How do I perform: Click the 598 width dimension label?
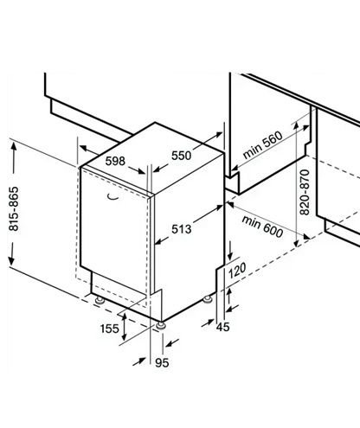tap(115, 161)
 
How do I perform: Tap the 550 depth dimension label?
tap(182, 156)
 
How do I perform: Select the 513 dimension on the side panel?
tap(182, 229)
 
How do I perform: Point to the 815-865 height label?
tap(14, 209)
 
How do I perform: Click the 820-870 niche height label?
tap(305, 193)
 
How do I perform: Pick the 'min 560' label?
tap(262, 145)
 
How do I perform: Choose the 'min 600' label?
tap(262, 227)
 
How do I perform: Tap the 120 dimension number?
tap(237, 271)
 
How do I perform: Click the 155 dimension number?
tap(110, 329)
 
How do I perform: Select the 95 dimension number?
tap(162, 363)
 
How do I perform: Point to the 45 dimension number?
tap(223, 327)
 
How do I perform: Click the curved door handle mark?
tap(113, 197)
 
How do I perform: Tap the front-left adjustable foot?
tap(100, 299)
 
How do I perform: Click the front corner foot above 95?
tap(161, 325)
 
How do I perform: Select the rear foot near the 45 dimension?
tap(208, 299)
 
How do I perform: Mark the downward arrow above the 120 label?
tap(230, 251)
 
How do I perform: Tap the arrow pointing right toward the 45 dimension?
tap(208, 323)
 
